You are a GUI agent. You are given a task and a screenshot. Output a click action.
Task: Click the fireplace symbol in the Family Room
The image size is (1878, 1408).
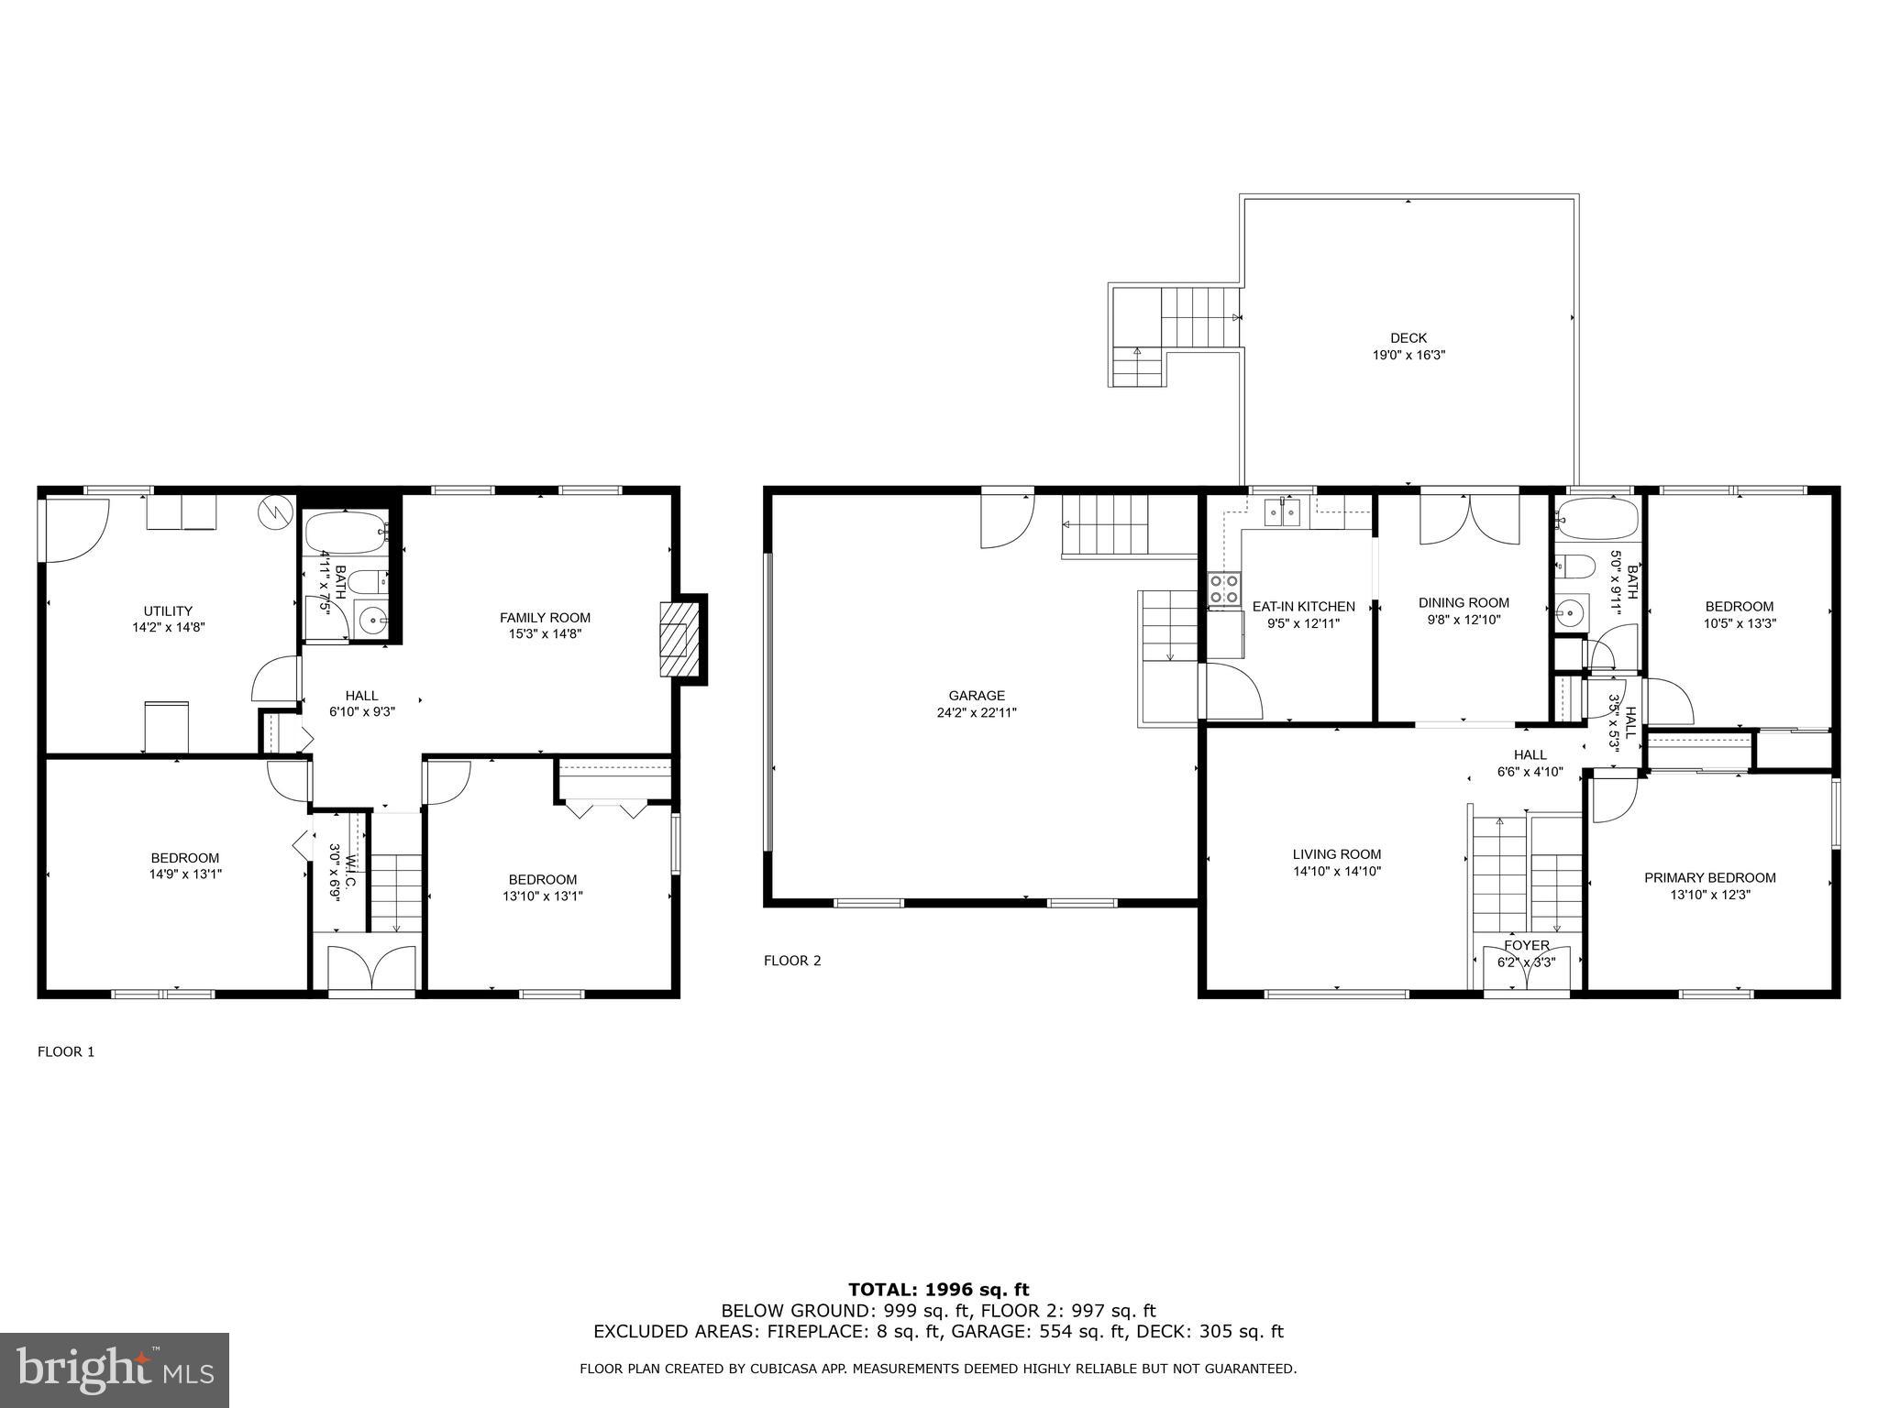(676, 639)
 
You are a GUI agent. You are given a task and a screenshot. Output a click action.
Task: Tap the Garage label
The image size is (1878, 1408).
(977, 696)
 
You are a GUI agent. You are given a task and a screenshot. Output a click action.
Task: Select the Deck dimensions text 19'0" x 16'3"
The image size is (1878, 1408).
(1408, 355)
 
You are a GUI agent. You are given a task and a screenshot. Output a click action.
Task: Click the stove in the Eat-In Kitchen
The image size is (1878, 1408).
(1224, 588)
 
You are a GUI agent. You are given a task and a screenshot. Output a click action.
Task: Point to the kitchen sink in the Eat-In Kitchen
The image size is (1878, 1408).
(1283, 512)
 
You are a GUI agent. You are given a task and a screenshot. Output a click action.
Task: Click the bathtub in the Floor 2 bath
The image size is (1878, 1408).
(1596, 519)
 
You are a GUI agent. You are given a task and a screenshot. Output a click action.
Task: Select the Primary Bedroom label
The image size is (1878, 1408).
(1709, 877)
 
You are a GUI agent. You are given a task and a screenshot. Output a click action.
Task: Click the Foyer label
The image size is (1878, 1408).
(1526, 945)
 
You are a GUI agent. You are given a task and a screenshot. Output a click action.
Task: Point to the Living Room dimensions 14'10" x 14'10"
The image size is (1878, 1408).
(1337, 871)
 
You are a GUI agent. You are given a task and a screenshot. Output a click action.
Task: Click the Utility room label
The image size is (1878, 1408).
(168, 611)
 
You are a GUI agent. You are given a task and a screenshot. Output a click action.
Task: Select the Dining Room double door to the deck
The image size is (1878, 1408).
(1469, 520)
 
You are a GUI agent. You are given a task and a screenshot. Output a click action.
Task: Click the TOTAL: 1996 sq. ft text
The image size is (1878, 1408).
(938, 1290)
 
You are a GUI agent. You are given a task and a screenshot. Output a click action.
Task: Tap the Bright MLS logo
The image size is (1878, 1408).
(115, 1369)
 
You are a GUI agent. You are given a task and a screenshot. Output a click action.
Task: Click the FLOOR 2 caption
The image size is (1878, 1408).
(792, 961)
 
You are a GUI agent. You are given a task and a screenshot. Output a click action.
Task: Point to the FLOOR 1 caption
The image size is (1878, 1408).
(66, 1051)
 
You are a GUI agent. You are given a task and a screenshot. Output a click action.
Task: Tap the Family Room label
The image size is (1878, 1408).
(545, 618)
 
